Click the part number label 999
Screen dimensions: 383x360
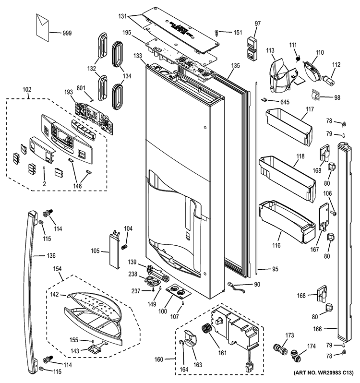click(67, 33)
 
